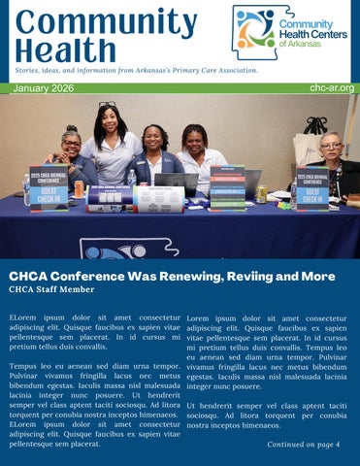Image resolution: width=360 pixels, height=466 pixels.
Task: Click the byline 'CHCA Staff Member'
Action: [51, 289]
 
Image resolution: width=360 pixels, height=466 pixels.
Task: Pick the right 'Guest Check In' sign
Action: [312, 185]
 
